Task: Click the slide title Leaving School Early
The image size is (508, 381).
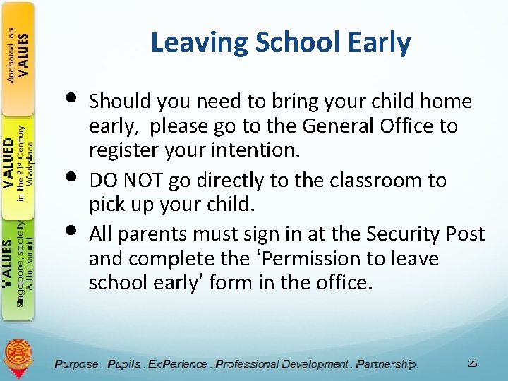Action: (x=280, y=43)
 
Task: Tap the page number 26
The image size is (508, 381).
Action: (x=472, y=363)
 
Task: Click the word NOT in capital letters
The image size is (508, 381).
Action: (x=146, y=181)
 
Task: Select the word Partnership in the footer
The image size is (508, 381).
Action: (x=387, y=364)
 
